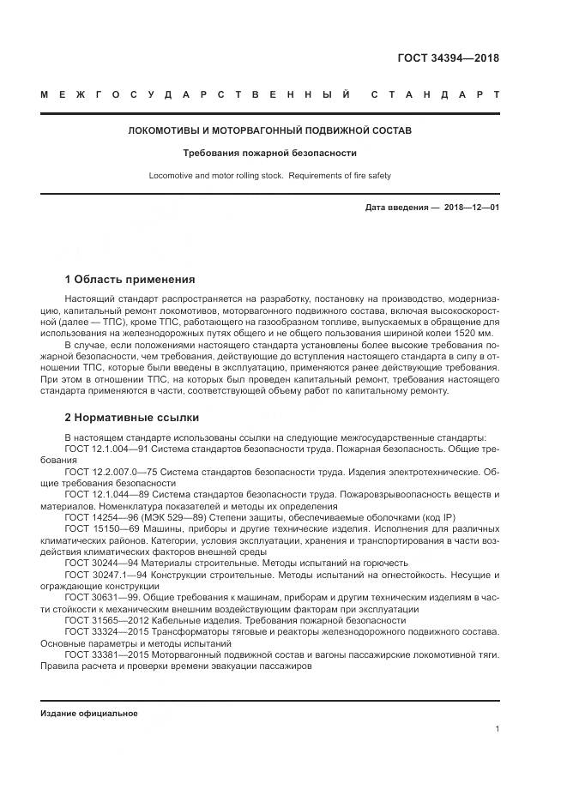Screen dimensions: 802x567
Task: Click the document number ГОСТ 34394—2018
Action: pyautogui.click(x=448, y=58)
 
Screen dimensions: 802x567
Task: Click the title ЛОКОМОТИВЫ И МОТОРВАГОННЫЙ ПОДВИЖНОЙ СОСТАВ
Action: pyautogui.click(x=269, y=131)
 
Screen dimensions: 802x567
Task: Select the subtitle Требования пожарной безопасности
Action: pyautogui.click(x=269, y=154)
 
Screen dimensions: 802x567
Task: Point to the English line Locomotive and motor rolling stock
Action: pyautogui.click(x=269, y=176)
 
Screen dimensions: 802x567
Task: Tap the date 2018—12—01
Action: pyautogui.click(x=471, y=208)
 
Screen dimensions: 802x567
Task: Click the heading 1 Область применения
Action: pyautogui.click(x=130, y=280)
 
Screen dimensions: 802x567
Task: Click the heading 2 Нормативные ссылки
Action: pyautogui.click(x=132, y=418)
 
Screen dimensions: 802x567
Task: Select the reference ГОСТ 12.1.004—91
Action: pyautogui.click(x=112, y=449)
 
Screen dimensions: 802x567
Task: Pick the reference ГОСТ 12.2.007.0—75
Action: pyautogui.click(x=115, y=471)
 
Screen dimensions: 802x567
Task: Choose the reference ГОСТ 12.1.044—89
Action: pyautogui.click(x=112, y=494)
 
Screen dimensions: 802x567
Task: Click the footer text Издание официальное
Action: pyautogui.click(x=89, y=713)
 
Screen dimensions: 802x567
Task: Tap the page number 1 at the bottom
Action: pyautogui.click(x=497, y=728)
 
